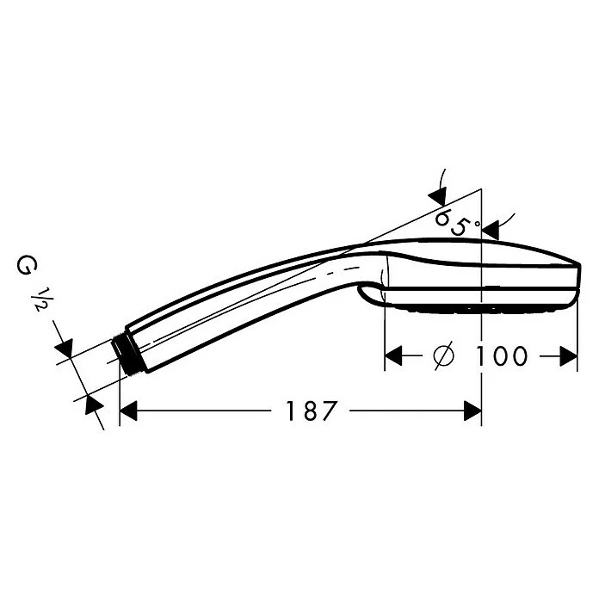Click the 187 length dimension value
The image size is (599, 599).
pyautogui.click(x=312, y=411)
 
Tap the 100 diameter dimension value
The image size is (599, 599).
pyautogui.click(x=501, y=355)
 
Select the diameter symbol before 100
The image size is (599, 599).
pyautogui.click(x=444, y=355)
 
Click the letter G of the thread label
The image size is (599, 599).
pyautogui.click(x=24, y=265)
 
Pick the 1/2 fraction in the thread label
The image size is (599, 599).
pyautogui.click(x=40, y=299)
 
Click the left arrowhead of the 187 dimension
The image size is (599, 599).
pyautogui.click(x=128, y=411)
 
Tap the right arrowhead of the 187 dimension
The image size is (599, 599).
pyautogui.click(x=472, y=411)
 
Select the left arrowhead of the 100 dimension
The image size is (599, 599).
pyautogui.click(x=393, y=356)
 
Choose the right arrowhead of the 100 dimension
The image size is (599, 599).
pyautogui.click(x=568, y=356)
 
